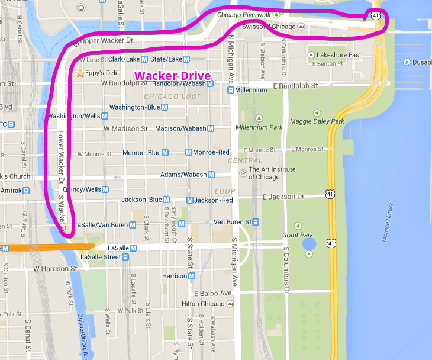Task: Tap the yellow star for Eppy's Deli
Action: tap(80, 73)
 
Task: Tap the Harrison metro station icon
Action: tap(191, 276)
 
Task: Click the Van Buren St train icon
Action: tap(256, 222)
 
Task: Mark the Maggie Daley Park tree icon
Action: tap(317, 112)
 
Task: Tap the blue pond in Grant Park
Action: tap(308, 243)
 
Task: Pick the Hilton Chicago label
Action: tap(203, 304)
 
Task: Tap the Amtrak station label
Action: tap(10, 191)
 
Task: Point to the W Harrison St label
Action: tap(56, 269)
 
